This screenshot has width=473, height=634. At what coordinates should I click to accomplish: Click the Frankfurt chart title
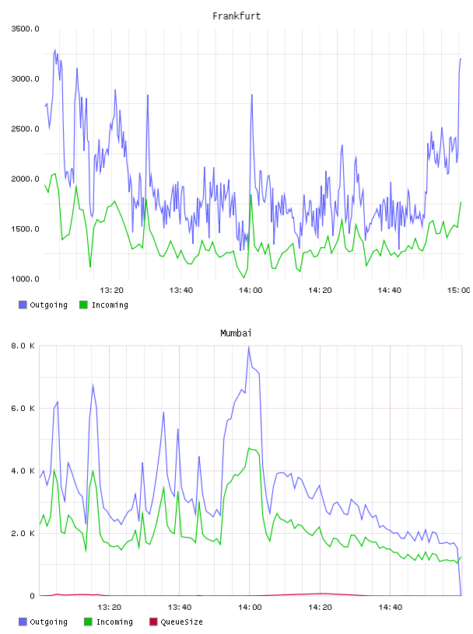pyautogui.click(x=236, y=16)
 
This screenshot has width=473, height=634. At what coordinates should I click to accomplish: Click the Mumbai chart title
pyautogui.click(x=236, y=333)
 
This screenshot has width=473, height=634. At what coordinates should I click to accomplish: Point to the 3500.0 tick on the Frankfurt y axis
pyautogui.click(x=25, y=29)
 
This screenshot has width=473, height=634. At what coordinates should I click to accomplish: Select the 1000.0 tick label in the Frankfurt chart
pyautogui.click(x=25, y=279)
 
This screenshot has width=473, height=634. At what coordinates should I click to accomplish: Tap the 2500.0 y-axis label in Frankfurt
pyautogui.click(x=25, y=129)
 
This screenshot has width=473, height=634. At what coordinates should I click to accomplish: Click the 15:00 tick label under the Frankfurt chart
pyautogui.click(x=458, y=291)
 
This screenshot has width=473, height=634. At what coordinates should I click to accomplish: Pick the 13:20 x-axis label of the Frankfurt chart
pyautogui.click(x=111, y=291)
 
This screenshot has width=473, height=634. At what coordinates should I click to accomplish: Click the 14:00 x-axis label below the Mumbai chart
pyautogui.click(x=250, y=608)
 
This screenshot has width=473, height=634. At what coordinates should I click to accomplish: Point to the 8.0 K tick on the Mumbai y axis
pyautogui.click(x=23, y=346)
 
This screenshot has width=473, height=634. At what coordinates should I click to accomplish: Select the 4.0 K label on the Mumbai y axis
pyautogui.click(x=23, y=471)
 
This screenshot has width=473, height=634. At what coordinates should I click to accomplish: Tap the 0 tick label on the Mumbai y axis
pyautogui.click(x=32, y=596)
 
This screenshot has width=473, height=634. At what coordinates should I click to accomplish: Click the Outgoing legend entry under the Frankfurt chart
pyautogui.click(x=43, y=305)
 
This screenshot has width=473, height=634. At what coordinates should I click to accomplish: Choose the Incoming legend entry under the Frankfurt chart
pyautogui.click(x=103, y=305)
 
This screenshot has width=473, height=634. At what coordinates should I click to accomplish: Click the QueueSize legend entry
pyautogui.click(x=176, y=622)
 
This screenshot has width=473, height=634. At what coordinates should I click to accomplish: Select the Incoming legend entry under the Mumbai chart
pyautogui.click(x=108, y=622)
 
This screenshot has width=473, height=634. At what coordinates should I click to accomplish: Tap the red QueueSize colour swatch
pyautogui.click(x=153, y=622)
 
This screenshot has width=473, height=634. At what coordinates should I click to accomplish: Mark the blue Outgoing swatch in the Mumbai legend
pyautogui.click(x=23, y=622)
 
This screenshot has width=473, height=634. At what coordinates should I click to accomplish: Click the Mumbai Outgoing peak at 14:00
pyautogui.click(x=249, y=347)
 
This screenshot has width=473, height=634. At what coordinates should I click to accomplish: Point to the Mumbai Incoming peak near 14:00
pyautogui.click(x=250, y=448)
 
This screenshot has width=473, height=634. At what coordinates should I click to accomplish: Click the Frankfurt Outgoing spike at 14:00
pyautogui.click(x=252, y=95)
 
